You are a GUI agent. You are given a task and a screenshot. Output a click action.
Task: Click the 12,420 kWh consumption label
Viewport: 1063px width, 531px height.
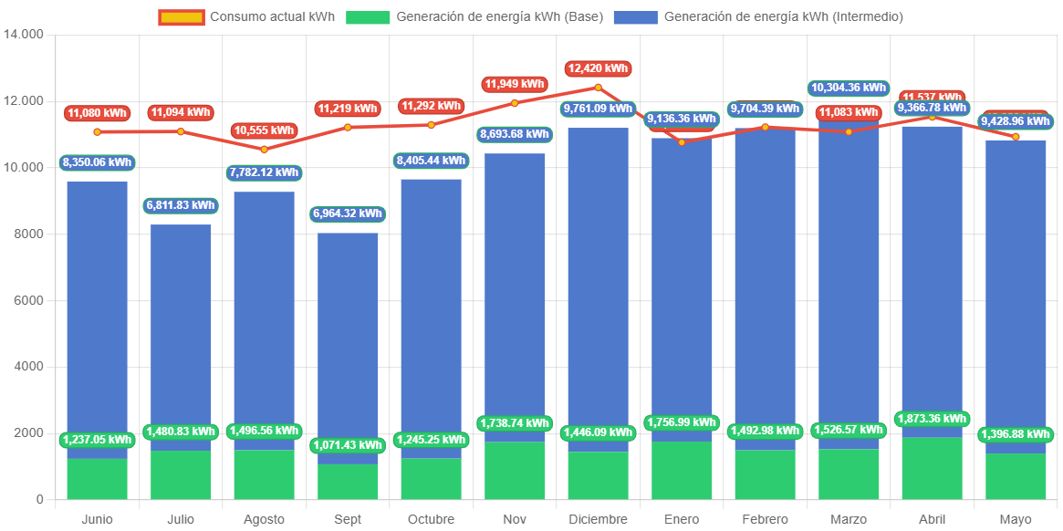pos(598,68)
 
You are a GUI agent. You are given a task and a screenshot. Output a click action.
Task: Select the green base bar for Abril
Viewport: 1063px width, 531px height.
pos(932,468)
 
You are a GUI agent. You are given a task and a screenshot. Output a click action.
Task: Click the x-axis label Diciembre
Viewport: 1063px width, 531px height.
pos(598,519)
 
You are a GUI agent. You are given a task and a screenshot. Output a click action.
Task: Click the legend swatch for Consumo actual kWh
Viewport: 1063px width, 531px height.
pos(182,17)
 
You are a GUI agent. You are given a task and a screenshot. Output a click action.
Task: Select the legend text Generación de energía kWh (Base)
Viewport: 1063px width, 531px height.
pos(499,17)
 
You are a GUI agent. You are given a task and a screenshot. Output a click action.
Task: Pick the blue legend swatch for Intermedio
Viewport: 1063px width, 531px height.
pos(635,17)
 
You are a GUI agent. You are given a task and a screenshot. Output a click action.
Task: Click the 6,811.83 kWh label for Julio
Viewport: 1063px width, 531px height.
pos(181,205)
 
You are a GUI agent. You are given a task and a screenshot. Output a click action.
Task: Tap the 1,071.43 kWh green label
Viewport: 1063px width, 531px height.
pos(348,445)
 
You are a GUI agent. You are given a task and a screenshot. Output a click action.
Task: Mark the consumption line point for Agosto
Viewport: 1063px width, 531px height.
pos(265,149)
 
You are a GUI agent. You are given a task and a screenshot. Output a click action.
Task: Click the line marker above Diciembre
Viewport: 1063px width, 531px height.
pos(598,88)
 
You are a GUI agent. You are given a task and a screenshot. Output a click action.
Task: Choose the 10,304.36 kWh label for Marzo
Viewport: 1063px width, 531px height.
pos(849,88)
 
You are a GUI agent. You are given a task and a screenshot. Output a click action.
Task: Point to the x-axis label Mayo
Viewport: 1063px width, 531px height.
pos(1015,519)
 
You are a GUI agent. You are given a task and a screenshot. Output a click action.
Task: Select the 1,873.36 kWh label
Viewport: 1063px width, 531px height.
pos(932,419)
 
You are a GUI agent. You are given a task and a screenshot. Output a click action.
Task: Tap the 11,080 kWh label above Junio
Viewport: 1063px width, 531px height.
pos(97,113)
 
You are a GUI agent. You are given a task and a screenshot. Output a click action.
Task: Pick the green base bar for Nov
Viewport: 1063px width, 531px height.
pos(515,470)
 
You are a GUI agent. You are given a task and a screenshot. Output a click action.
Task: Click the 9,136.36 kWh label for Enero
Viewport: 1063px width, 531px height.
pos(682,119)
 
